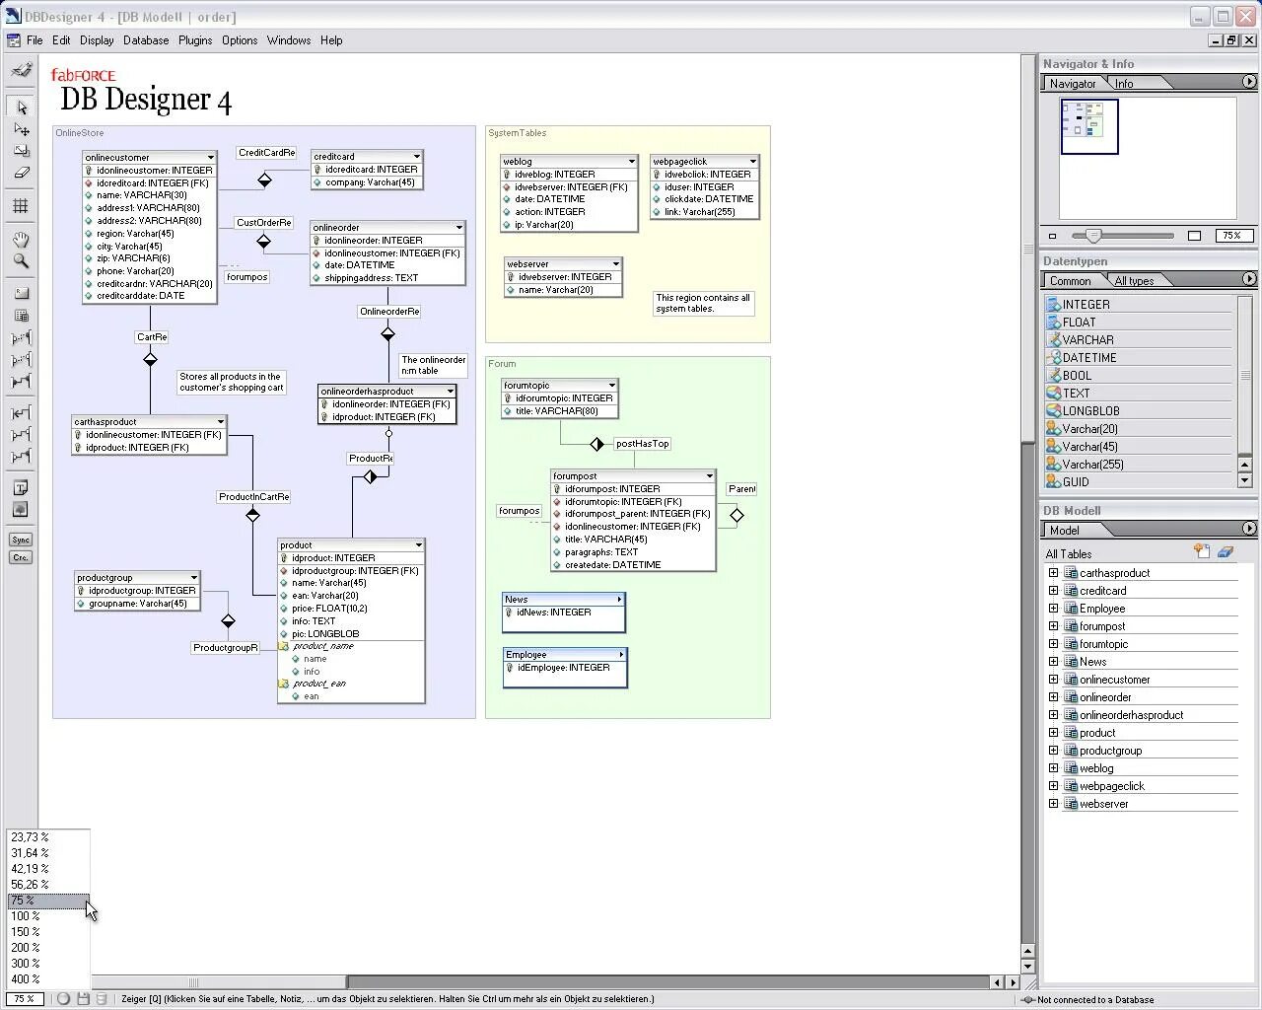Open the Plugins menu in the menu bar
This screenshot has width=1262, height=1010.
194,40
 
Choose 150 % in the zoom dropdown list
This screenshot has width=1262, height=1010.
26,932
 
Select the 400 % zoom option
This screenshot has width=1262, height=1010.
26,979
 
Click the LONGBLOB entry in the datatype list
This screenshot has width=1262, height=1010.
1090,411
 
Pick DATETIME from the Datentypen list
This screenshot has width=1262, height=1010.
1088,358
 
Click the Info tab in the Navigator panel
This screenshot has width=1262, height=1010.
1124,84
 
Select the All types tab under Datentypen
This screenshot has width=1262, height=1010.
1134,281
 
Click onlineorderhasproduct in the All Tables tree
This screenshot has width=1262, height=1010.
1131,715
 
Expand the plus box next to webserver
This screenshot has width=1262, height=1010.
1053,804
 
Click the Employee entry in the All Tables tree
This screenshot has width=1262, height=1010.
1101,609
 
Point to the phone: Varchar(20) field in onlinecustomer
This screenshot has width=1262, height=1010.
135,271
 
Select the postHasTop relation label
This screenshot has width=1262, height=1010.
642,444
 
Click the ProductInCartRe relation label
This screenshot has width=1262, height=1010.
254,497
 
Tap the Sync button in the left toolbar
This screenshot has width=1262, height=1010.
20,540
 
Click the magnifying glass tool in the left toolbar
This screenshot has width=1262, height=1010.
21,261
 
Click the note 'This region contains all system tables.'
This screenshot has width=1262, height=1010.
703,303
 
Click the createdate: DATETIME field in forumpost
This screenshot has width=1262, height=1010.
612,565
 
